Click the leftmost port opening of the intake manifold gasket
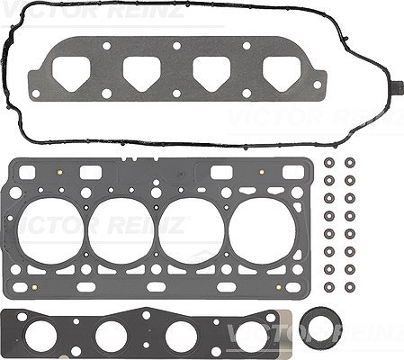click(71, 75)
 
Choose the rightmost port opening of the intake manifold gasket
click(282, 75)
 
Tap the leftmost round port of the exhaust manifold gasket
click(41, 335)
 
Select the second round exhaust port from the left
click(111, 335)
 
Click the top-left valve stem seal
click(329, 163)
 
